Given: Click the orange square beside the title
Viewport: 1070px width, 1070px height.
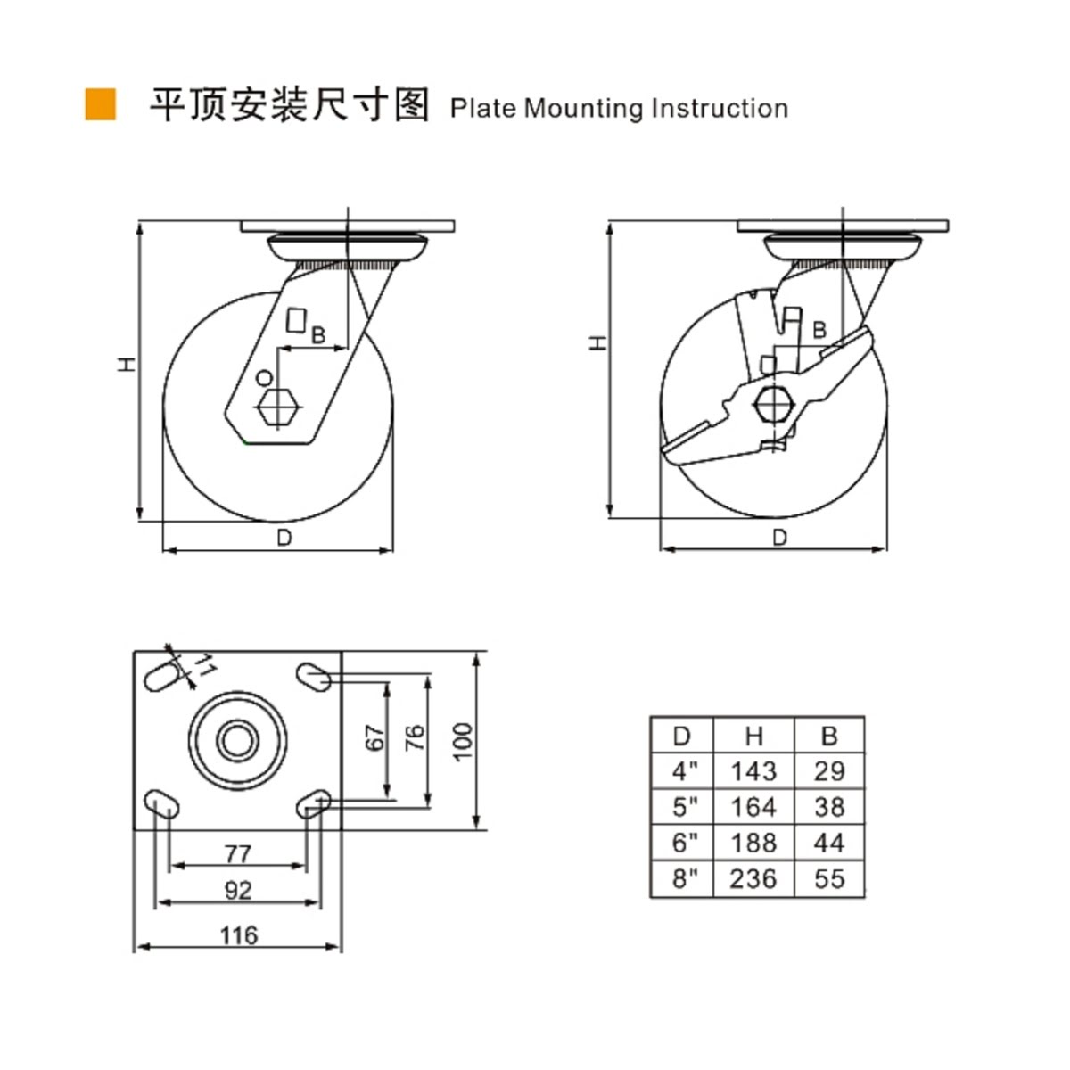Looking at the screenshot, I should [x=101, y=104].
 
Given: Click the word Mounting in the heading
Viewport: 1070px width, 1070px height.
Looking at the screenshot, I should [x=583, y=109].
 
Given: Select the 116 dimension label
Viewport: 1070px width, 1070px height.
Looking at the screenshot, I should [x=238, y=935].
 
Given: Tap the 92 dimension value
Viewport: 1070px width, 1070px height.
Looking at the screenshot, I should [x=238, y=890].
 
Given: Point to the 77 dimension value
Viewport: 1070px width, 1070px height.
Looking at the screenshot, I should [x=238, y=853].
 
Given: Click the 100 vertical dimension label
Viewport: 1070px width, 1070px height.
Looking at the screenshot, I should [x=464, y=741].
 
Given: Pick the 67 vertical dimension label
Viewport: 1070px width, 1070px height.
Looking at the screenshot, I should [x=375, y=738].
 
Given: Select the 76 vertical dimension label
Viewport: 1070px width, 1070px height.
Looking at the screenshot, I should [x=416, y=738].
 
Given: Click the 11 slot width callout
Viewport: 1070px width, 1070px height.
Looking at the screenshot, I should [x=205, y=666].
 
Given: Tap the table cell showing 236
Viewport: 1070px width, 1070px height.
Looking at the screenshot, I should [x=753, y=879].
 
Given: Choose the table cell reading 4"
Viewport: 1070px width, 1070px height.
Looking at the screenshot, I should [x=682, y=771].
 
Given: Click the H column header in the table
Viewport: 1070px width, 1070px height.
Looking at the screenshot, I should [x=753, y=736].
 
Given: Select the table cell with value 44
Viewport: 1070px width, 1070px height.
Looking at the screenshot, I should [x=829, y=843].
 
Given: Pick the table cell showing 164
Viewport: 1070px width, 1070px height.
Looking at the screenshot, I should [x=753, y=807].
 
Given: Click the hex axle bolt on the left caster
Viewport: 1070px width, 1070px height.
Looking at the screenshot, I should [x=278, y=409].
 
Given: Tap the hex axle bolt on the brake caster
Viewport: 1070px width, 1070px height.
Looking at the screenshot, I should [x=774, y=403].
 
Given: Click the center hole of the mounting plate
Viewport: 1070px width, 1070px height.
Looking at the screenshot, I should [x=238, y=740].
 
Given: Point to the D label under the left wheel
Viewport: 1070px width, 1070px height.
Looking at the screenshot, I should [x=284, y=538].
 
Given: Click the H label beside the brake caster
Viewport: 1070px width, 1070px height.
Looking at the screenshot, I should [x=599, y=342].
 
